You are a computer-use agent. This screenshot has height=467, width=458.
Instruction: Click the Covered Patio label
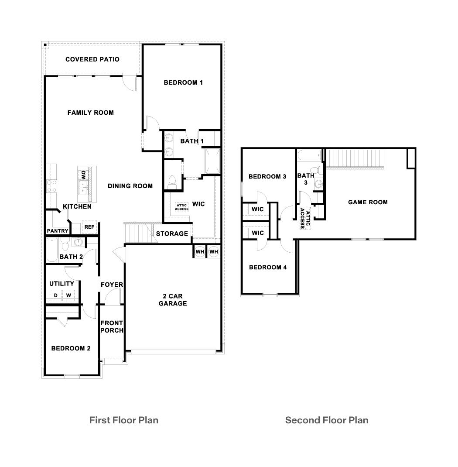click(x=92, y=59)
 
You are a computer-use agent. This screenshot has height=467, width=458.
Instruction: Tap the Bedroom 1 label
click(x=183, y=82)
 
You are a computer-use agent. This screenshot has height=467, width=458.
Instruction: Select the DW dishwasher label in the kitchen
click(x=82, y=175)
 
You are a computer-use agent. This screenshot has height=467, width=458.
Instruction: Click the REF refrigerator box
click(x=89, y=227)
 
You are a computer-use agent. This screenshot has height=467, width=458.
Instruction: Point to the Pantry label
click(x=57, y=231)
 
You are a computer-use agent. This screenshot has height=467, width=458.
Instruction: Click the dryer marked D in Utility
click(x=56, y=295)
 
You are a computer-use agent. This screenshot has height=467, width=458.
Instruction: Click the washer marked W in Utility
click(x=68, y=295)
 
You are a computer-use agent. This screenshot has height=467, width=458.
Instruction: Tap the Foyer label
click(x=112, y=285)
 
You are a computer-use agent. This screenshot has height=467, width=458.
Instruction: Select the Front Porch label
click(x=112, y=326)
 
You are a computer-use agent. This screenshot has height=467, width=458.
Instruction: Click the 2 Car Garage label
click(x=172, y=299)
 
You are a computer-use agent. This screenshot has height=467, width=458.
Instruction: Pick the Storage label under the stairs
click(x=172, y=234)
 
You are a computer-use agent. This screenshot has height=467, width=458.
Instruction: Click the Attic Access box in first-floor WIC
click(x=181, y=207)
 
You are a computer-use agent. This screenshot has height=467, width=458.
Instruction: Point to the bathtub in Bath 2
click(x=52, y=250)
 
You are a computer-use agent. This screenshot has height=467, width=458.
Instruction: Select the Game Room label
click(x=367, y=202)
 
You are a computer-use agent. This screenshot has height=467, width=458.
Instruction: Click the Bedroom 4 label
click(x=267, y=267)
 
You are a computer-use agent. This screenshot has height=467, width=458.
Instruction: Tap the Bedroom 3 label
click(x=267, y=177)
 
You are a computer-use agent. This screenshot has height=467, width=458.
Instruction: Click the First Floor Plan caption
click(x=123, y=420)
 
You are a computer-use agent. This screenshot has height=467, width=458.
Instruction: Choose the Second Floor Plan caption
click(x=326, y=420)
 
